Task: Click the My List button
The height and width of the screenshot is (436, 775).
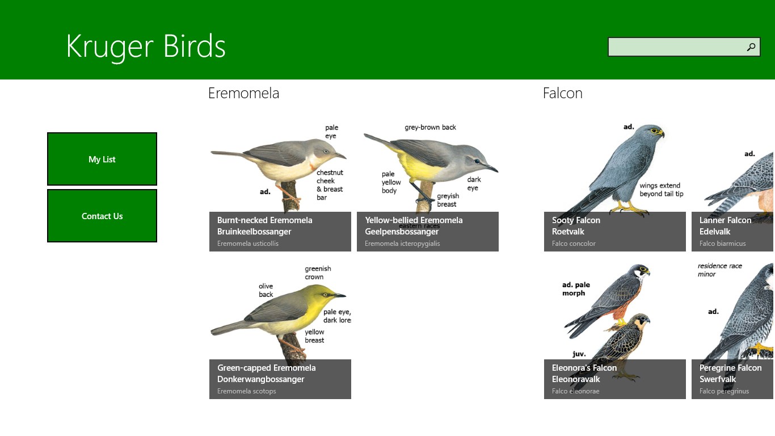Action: coord(102,159)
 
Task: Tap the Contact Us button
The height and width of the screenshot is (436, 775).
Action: coord(102,216)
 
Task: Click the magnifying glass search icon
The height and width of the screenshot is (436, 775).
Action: coord(751,47)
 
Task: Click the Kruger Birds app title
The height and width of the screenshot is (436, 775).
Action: coord(146,47)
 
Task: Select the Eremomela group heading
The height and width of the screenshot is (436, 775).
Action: coord(243,93)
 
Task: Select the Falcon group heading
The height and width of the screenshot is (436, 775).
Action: coord(563,93)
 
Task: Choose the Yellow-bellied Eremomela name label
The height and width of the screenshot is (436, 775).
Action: coord(414,220)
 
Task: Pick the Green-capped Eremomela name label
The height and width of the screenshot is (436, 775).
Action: coord(267,368)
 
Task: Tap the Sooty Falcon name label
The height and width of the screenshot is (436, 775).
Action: coord(576,220)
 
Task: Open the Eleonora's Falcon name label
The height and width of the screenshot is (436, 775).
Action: coord(584,368)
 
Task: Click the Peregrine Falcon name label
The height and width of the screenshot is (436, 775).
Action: coord(730,368)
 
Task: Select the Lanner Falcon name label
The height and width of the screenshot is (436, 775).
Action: coord(725,220)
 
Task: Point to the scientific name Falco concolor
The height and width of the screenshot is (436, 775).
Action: coord(574,244)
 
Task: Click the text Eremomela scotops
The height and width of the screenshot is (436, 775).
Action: coord(247,391)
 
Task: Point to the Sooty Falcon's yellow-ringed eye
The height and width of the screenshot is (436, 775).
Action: coord(654,131)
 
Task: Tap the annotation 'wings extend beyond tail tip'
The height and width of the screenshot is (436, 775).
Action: coord(661,190)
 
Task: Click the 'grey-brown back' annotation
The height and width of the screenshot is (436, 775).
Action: coord(430,127)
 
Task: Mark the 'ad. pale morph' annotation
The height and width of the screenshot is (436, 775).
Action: coord(576,289)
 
